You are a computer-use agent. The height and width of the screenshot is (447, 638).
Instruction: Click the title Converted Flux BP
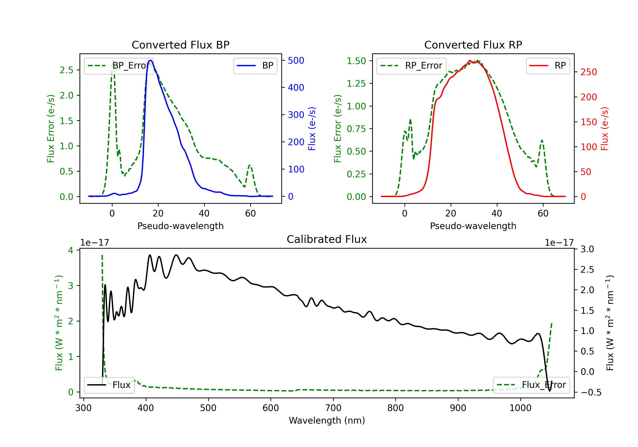tap(180, 45)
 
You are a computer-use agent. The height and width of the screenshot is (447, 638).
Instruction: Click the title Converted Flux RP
tap(473, 45)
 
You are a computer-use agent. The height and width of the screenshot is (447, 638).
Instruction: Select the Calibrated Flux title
tap(327, 239)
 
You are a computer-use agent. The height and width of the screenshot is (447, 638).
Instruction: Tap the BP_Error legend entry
tap(119, 66)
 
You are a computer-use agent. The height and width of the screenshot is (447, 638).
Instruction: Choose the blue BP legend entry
tap(255, 66)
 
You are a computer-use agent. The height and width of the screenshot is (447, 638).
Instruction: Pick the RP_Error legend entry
tap(411, 66)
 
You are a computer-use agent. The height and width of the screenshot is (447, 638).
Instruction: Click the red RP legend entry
tap(548, 66)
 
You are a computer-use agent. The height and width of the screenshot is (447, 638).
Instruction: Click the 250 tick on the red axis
tap(588, 72)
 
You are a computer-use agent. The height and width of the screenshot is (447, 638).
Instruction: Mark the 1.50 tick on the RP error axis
tap(356, 61)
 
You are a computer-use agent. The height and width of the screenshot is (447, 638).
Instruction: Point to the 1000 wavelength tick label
tap(520, 408)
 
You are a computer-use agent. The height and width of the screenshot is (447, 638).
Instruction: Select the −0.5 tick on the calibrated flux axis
tap(591, 393)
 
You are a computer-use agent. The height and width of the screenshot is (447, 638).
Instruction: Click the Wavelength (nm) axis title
tap(327, 421)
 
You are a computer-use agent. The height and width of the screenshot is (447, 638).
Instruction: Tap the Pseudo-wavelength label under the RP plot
tap(473, 226)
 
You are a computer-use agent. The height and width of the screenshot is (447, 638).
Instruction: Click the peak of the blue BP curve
tap(150, 60)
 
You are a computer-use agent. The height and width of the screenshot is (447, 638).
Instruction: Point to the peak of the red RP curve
tap(470, 61)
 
